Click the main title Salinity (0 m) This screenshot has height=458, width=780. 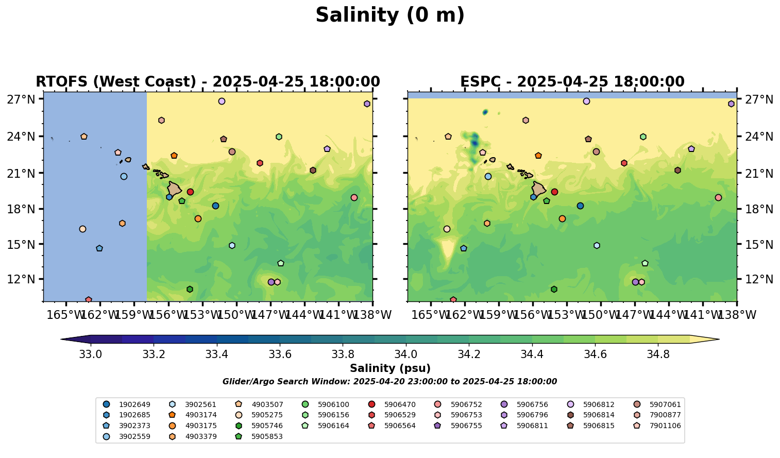coord(390,15)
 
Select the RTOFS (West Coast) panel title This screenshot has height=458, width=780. coord(208,82)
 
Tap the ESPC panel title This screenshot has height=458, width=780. coord(572,82)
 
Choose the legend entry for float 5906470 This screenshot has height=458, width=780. coord(400,404)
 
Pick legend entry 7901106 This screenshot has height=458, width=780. coord(665,426)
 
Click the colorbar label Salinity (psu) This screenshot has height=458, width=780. coord(390,368)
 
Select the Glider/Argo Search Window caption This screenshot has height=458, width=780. coord(389,382)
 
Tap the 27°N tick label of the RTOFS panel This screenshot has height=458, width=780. coord(21,99)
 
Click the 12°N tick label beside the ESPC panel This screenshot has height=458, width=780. coord(759,279)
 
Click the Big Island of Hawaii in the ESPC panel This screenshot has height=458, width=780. coord(539,189)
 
